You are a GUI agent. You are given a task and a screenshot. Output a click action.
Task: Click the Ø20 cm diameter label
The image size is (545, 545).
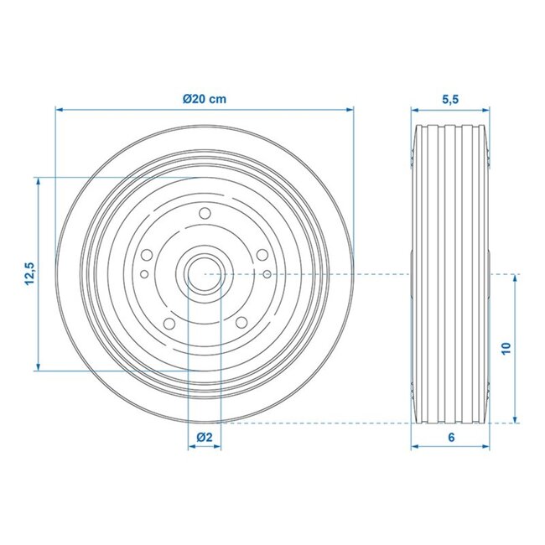(205, 98)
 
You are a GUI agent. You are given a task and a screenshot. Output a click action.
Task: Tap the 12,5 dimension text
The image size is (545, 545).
(29, 274)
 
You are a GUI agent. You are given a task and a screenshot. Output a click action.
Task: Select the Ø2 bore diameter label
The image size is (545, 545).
(203, 437)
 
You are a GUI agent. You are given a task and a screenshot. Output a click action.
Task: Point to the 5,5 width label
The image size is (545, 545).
(449, 98)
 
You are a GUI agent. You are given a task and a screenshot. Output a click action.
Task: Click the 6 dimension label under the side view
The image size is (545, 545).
(450, 437)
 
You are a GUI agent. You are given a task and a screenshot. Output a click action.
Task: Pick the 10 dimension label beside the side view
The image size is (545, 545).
(506, 349)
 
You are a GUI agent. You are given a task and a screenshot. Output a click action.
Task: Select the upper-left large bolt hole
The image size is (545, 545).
(147, 254)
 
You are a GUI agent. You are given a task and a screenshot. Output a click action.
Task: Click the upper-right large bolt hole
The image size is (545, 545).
(261, 254)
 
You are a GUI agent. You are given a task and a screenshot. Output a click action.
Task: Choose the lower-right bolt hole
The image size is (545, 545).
(241, 324)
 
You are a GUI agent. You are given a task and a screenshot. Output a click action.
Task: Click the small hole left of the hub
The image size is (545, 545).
(143, 274)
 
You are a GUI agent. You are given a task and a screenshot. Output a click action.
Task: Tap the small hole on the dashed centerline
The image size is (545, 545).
(266, 274)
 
